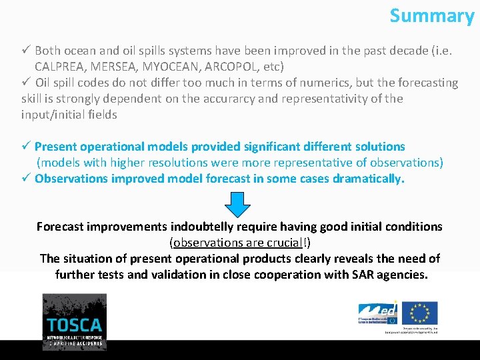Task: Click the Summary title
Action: click(x=431, y=15)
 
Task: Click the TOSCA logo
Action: click(x=74, y=322)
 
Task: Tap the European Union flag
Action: click(x=420, y=313)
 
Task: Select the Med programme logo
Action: click(x=378, y=313)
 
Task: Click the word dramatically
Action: click(x=369, y=179)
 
